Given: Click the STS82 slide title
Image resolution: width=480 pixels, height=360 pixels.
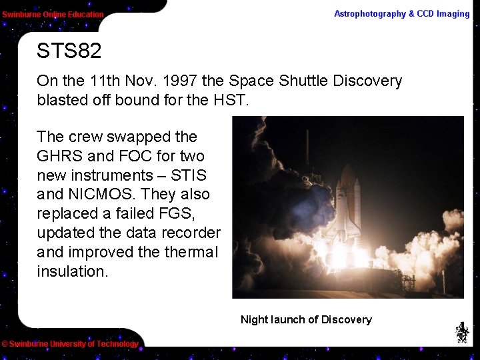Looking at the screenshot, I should pos(69,51).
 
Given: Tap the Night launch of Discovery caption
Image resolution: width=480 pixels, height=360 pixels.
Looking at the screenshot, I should pos(306,319).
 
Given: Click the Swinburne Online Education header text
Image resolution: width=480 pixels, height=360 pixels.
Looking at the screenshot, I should pos(53,14).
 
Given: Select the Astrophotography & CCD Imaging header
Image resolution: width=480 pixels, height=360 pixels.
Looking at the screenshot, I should pos(401,14).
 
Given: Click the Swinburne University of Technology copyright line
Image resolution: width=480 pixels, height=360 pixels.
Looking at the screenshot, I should pos(70,344).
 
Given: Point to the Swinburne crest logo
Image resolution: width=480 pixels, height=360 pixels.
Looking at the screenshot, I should pos(461,332).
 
